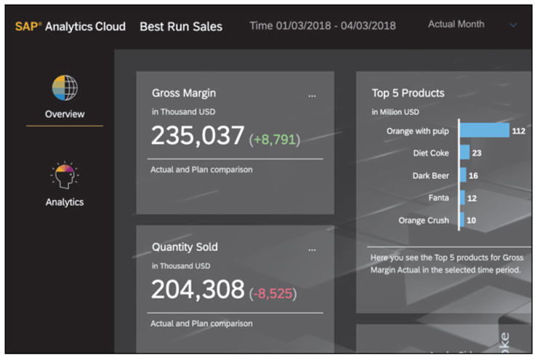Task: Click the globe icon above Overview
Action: [65, 87]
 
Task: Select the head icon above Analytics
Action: [65, 175]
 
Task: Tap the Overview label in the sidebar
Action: [65, 113]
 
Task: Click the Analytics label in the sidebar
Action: [65, 202]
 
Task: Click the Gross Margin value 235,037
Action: [198, 136]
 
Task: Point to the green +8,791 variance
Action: [275, 139]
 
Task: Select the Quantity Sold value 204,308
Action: [198, 289]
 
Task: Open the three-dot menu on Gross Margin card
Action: [313, 95]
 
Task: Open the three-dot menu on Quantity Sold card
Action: [313, 249]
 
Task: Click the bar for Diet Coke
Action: [464, 153]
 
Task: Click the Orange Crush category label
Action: [424, 220]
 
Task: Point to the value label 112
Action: [518, 131]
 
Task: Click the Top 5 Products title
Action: [408, 93]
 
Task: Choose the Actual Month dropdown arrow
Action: [513, 25]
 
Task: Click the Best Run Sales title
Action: [181, 27]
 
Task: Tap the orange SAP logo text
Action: [27, 26]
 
